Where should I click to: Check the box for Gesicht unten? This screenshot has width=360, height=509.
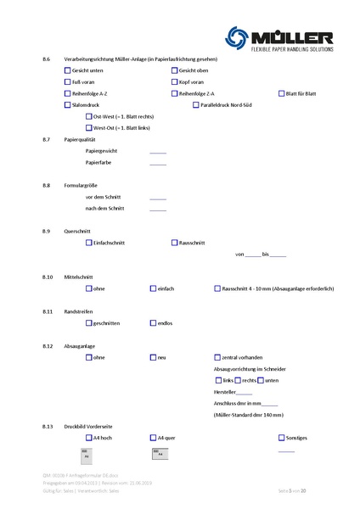68,71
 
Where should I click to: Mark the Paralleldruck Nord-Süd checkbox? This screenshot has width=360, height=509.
196,104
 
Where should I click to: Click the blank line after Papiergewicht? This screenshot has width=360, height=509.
158,152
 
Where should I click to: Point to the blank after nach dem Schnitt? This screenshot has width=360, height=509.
158,207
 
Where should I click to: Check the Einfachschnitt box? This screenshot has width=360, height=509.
89,243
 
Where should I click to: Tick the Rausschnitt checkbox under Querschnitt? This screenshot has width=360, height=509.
174,243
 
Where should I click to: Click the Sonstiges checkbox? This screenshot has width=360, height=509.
281,438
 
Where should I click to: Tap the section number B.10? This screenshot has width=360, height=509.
48,277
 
